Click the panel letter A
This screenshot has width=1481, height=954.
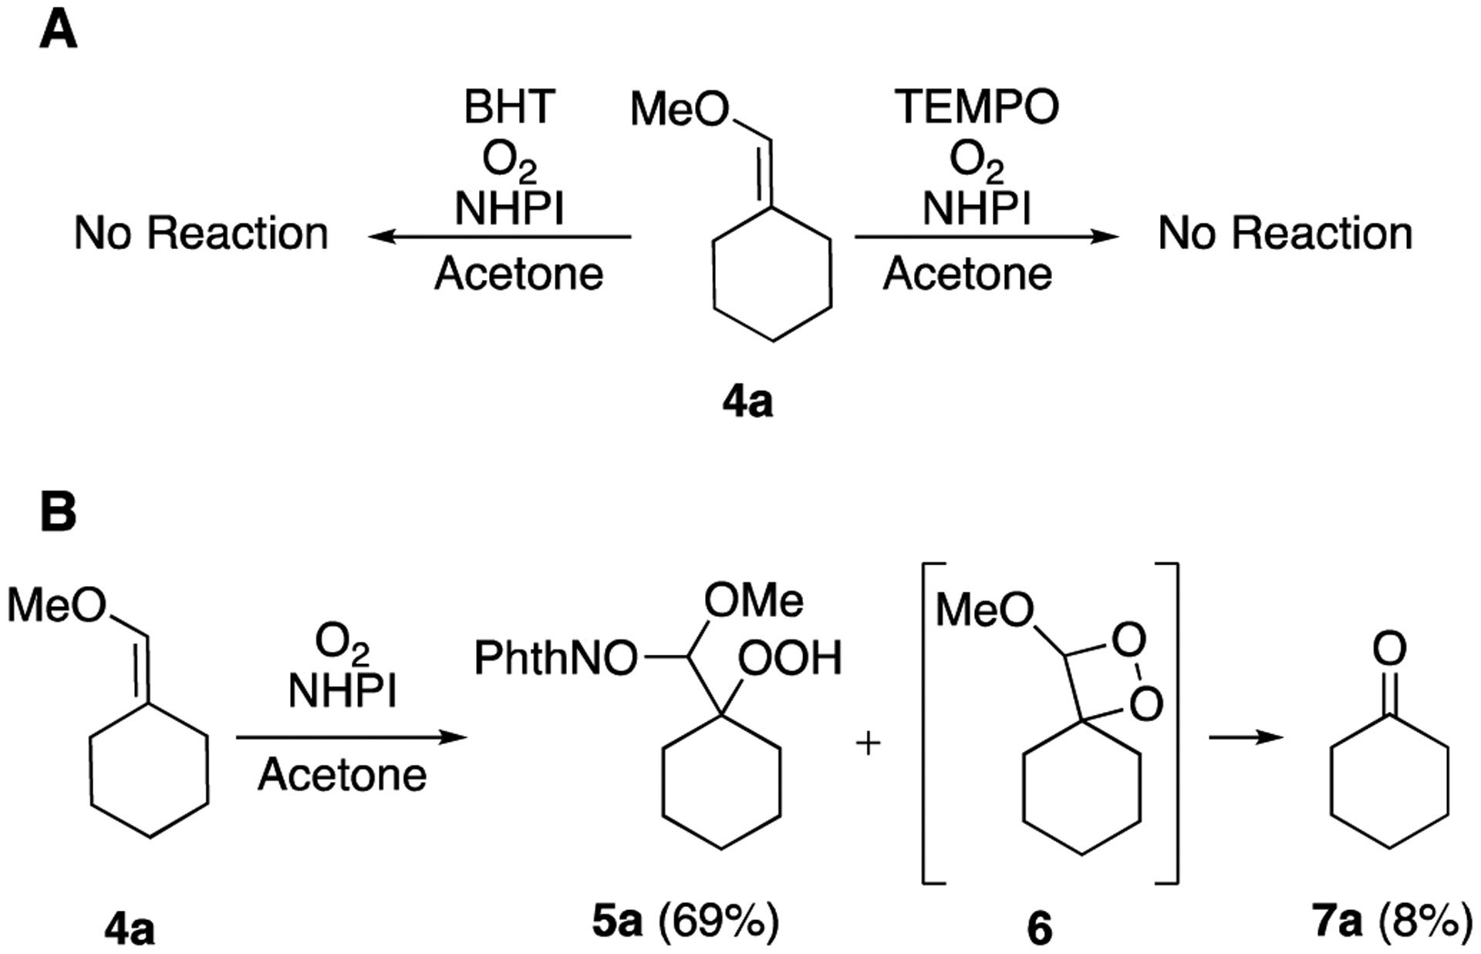58,32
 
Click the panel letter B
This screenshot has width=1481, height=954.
58,512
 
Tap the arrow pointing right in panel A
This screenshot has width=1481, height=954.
987,237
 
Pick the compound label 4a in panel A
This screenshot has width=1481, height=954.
747,403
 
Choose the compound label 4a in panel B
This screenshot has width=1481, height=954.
130,930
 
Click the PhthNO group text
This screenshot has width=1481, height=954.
555,659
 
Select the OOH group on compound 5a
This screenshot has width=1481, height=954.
789,659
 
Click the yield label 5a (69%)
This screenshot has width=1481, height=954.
686,922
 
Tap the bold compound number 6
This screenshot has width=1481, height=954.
1039,929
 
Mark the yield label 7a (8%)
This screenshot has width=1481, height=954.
1392,922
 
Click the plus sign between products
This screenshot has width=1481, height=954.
869,744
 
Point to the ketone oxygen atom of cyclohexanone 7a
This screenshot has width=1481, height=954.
1389,650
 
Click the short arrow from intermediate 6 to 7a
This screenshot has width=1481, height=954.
1245,738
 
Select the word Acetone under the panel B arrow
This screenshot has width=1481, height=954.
342,774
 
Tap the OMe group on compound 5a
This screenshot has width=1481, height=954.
753,601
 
